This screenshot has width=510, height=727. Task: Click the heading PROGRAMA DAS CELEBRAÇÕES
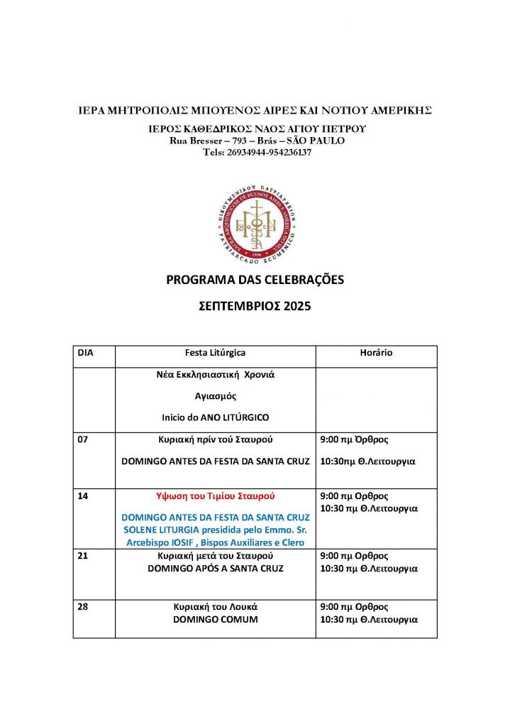coord(255,280)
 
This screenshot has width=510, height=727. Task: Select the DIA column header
coord(85,352)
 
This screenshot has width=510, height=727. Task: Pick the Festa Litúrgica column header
coord(216,352)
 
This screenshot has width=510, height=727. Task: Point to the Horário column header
coord(376,352)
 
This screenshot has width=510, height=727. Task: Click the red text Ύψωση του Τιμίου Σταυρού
coord(216,496)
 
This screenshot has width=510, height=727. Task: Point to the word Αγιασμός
coord(216,397)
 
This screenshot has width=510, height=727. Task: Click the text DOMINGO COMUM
coord(216,619)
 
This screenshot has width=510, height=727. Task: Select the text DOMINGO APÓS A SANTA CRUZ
coord(216,568)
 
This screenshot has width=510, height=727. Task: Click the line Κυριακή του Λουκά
coord(216,607)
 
